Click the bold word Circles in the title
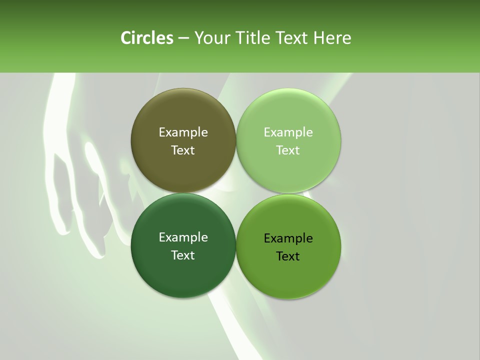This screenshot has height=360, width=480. pyautogui.click(x=147, y=38)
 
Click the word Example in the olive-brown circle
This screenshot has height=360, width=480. pyautogui.click(x=183, y=132)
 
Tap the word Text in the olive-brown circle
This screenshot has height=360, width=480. pyautogui.click(x=183, y=150)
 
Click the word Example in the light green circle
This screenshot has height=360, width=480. pyautogui.click(x=288, y=132)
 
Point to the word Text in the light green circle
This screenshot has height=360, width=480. pyautogui.click(x=288, y=150)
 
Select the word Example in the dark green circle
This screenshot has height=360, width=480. pyautogui.click(x=183, y=237)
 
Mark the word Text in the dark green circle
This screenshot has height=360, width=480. pyautogui.click(x=183, y=255)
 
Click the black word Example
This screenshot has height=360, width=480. pyautogui.click(x=288, y=238)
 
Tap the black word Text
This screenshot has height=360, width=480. pyautogui.click(x=288, y=256)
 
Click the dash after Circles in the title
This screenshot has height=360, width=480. pyautogui.click(x=183, y=38)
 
